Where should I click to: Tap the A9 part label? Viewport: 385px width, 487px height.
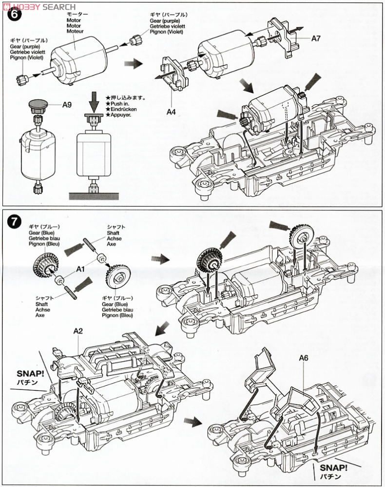(67, 104)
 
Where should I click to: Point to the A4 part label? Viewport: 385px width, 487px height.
(171, 112)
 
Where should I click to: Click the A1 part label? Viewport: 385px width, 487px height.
(80, 268)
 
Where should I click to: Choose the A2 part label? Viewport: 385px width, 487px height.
(78, 331)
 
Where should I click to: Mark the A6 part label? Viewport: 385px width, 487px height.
(304, 358)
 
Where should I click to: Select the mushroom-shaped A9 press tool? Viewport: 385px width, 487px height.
(38, 104)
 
